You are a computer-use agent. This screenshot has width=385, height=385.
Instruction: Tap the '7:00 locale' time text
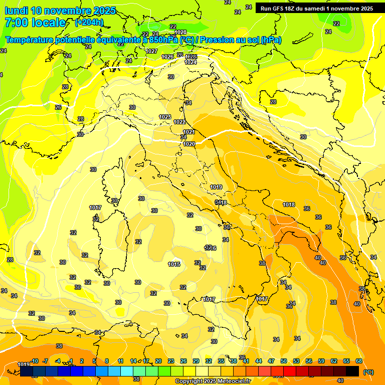(x=35, y=23)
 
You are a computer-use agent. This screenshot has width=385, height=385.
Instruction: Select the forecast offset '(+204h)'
(x=89, y=22)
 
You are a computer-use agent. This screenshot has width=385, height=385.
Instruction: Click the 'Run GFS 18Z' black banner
(x=316, y=9)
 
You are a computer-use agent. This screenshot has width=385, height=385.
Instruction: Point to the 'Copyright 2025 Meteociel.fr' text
(x=213, y=381)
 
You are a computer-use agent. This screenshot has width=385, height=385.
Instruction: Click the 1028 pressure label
(x=180, y=33)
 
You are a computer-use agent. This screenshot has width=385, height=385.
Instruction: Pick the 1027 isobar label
(x=152, y=51)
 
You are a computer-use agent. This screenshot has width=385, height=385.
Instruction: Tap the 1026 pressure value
(x=167, y=57)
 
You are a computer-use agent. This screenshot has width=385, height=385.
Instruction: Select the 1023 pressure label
(x=165, y=117)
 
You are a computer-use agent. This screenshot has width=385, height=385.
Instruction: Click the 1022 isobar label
(x=179, y=122)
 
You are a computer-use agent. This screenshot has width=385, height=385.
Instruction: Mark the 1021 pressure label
(x=189, y=132)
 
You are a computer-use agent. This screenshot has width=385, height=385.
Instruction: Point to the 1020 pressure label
(x=189, y=144)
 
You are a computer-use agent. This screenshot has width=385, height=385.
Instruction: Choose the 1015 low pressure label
(x=174, y=264)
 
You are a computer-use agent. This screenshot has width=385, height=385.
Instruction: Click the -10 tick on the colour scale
(x=35, y=361)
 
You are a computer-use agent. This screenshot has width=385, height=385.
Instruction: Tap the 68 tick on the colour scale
(x=359, y=361)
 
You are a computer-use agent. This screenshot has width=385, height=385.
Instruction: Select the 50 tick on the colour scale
(x=284, y=361)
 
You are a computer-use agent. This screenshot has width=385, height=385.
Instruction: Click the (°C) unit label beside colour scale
(x=368, y=372)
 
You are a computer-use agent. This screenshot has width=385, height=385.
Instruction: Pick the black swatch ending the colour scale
(x=352, y=371)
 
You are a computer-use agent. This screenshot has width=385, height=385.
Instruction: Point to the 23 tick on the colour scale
(x=171, y=361)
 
